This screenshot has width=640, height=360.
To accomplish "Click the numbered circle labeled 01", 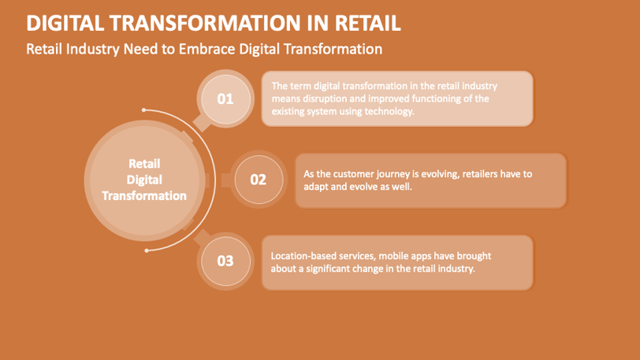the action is (225, 99).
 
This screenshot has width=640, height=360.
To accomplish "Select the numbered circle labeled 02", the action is (259, 180).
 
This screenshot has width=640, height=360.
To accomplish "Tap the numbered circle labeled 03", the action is (225, 262).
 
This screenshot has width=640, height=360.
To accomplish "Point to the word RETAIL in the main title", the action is (368, 23).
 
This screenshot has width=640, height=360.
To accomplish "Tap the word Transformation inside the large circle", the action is (144, 196).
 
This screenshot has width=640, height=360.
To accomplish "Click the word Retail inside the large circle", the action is (144, 164).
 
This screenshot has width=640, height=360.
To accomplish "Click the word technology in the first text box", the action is (389, 111).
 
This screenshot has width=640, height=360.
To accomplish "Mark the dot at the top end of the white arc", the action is (143, 109).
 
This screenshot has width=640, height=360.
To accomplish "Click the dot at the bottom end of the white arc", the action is (147, 251).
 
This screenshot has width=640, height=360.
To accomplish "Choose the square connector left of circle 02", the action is (226, 180).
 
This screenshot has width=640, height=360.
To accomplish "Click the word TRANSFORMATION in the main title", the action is (205, 23).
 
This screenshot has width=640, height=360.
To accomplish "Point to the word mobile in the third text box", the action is (393, 256).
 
